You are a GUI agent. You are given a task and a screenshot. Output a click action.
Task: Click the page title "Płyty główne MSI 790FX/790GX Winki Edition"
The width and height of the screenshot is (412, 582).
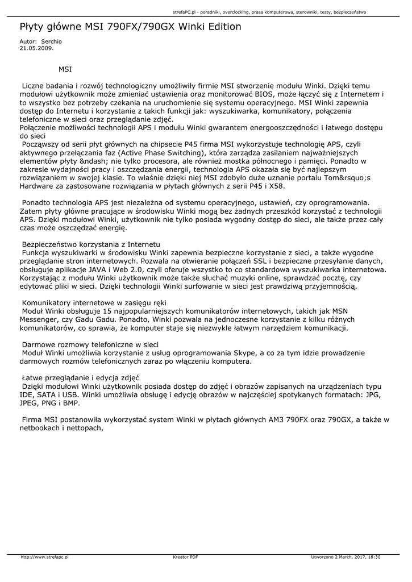pos(130,27)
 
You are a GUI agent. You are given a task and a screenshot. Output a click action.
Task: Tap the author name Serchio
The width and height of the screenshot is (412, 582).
pos(52,42)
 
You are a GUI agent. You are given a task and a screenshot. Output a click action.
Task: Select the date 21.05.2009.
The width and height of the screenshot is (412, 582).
pos(36,48)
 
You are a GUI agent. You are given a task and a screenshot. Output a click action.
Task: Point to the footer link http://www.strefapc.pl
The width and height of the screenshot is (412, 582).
pos(44,557)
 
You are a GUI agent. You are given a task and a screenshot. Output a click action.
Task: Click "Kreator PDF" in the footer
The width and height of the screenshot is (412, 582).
pos(185,557)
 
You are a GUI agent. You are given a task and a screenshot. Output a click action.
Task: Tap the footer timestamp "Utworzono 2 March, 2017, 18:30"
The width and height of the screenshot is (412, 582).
pos(346,557)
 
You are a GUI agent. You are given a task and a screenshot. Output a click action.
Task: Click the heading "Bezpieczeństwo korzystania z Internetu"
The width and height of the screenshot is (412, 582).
pos(91,244)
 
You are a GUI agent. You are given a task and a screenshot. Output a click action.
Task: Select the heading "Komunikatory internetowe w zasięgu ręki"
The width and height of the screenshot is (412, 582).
pos(94,303)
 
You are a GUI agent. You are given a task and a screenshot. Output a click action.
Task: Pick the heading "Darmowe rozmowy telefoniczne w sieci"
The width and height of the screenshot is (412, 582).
pos(90,344)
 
